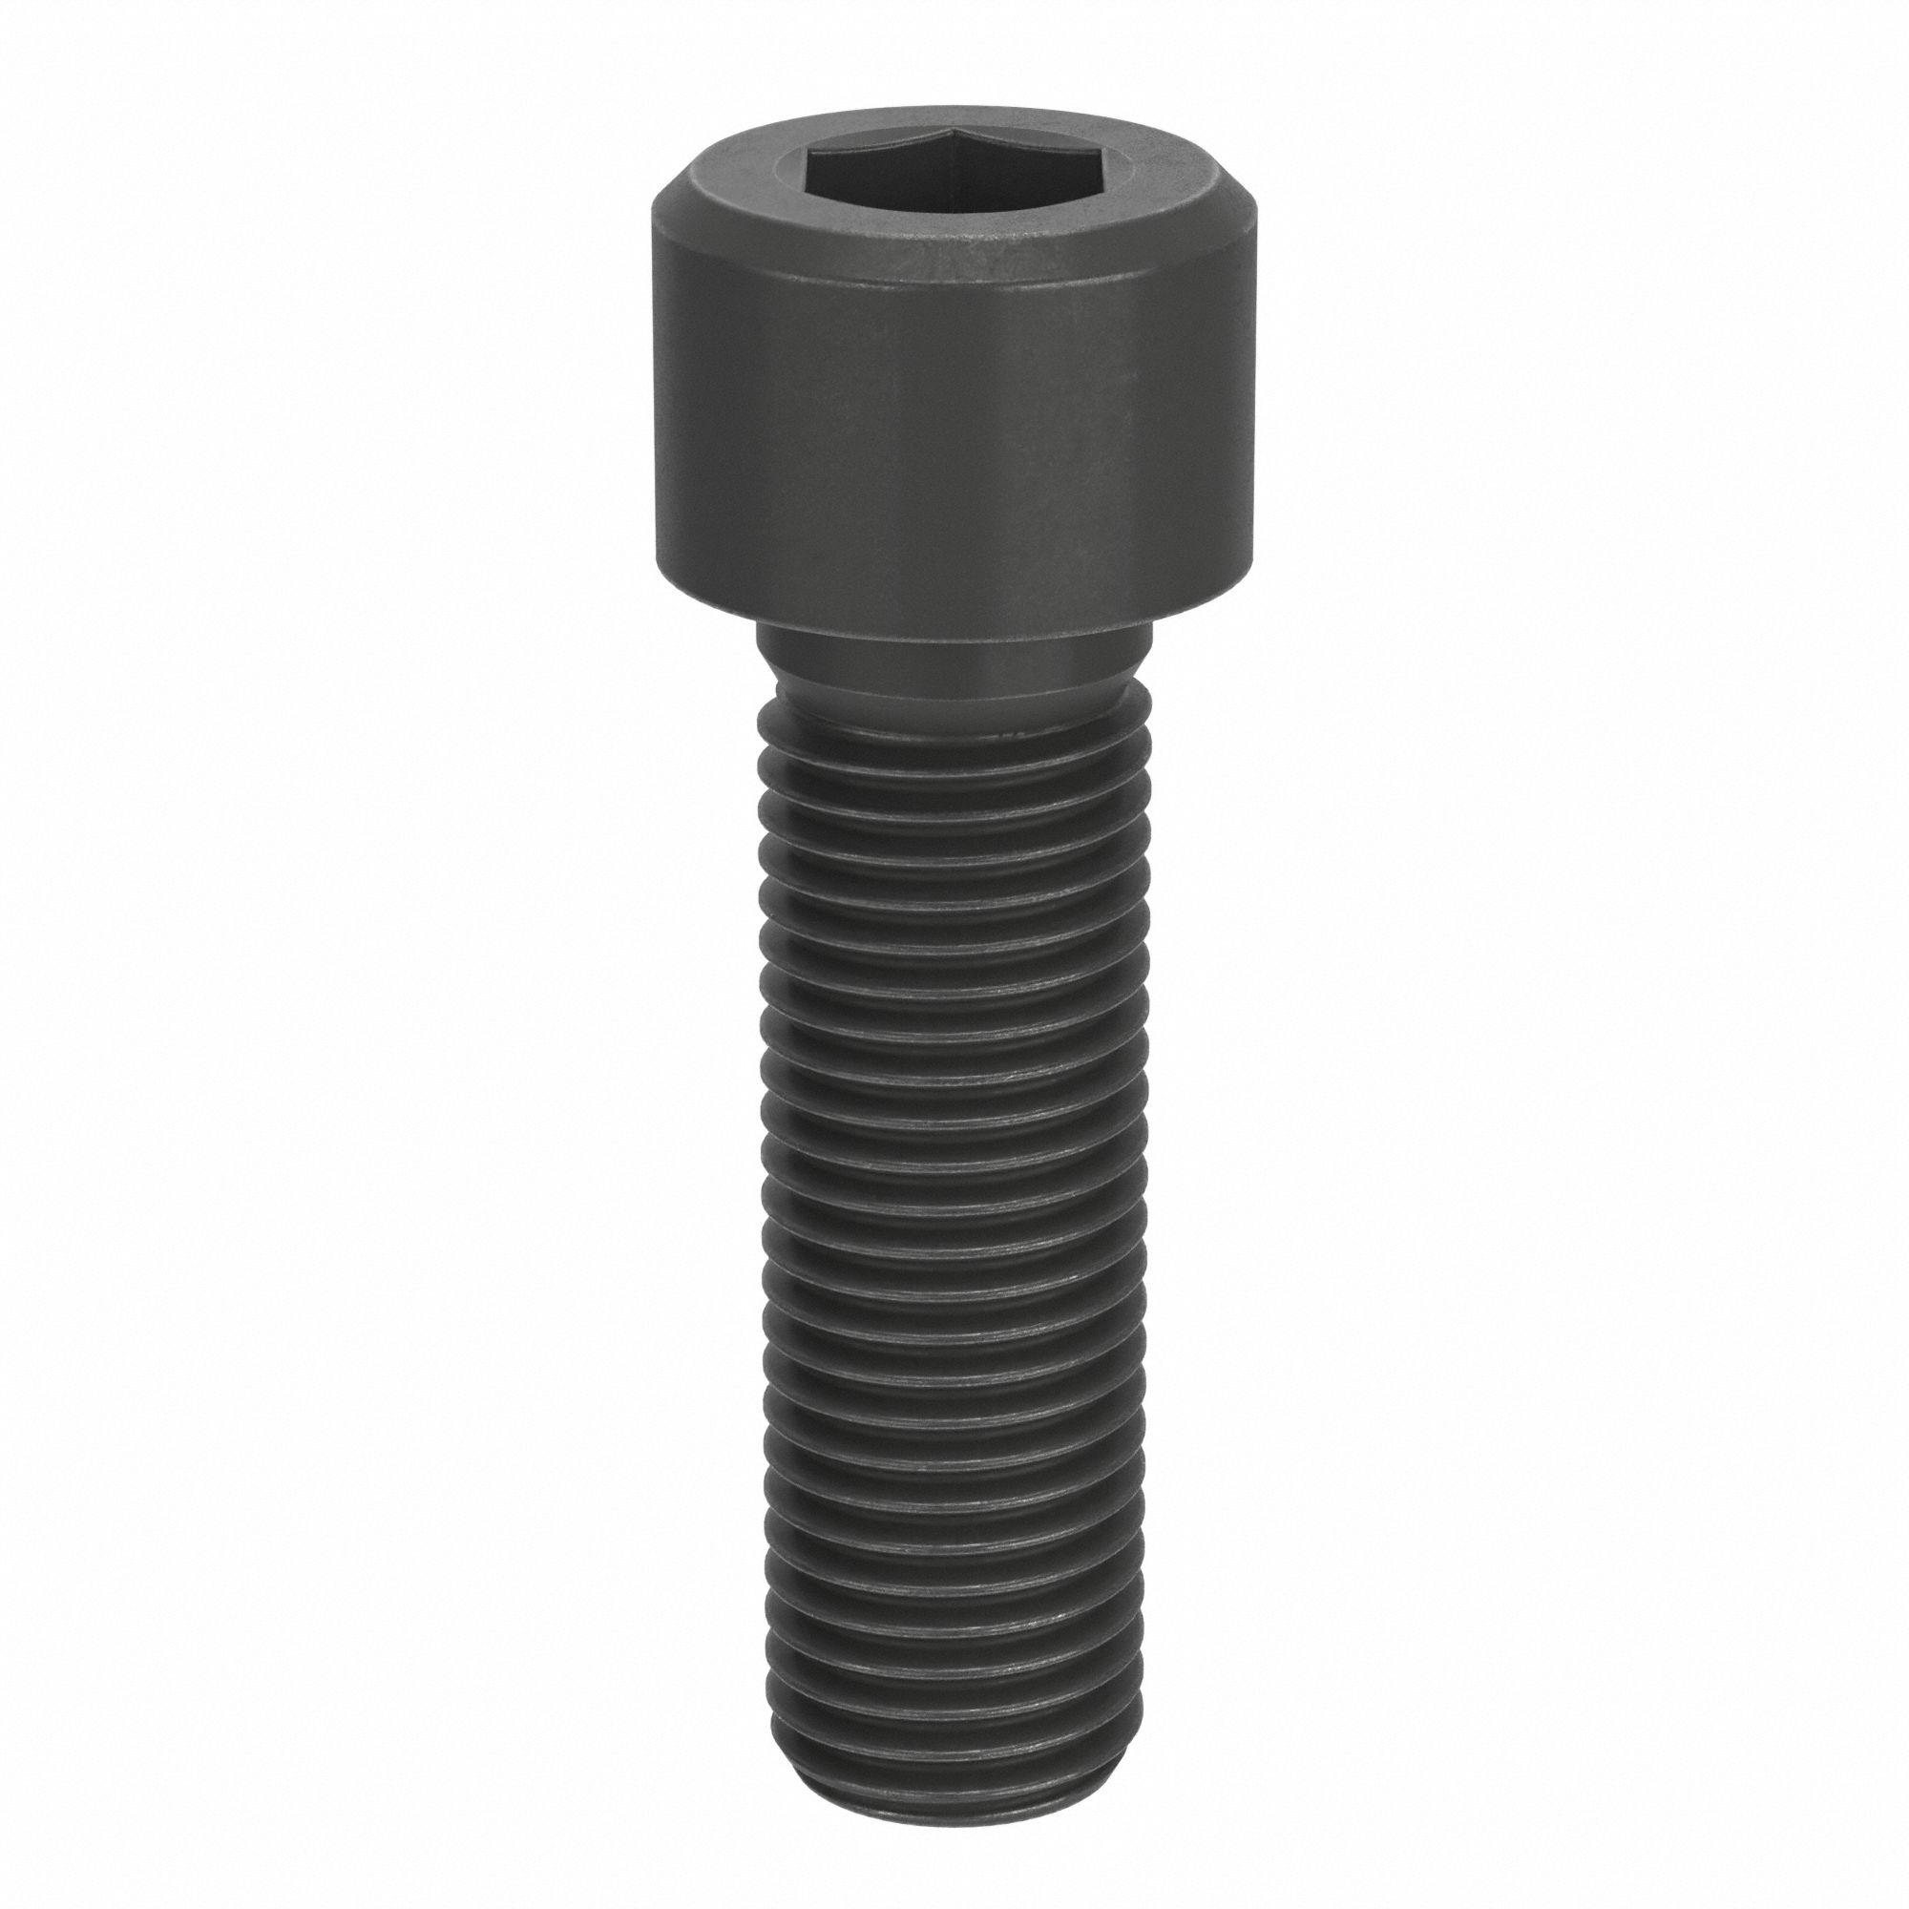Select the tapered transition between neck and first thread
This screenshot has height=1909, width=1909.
click(x=954, y=697)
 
